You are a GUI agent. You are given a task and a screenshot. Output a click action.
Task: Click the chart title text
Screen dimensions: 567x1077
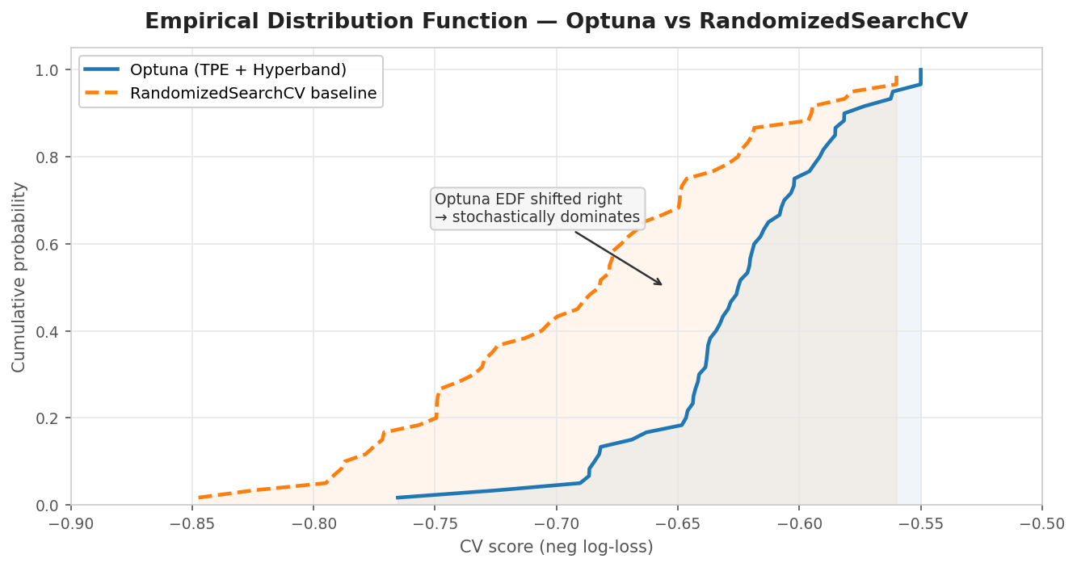coord(556,22)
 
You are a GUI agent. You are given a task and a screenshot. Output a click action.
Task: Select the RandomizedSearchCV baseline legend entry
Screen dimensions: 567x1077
coord(253,93)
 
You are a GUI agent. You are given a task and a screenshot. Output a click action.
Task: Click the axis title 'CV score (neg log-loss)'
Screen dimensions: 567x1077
coord(556,547)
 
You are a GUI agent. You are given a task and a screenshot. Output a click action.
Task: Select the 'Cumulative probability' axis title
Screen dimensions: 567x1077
coord(19,276)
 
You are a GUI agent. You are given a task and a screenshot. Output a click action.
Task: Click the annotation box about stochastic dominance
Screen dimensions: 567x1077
coord(537,208)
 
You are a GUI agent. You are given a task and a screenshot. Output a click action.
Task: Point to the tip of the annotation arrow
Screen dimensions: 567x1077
coord(663,285)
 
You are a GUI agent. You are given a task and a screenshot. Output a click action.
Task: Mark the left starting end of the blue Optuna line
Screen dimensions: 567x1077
coord(398,498)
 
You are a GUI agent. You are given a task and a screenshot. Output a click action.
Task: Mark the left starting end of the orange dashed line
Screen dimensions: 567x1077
coord(199,498)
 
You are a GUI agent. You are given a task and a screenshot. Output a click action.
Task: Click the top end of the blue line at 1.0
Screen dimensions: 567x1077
coord(920,70)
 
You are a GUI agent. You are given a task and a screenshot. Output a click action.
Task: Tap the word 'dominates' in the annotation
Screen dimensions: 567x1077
coord(603,217)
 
